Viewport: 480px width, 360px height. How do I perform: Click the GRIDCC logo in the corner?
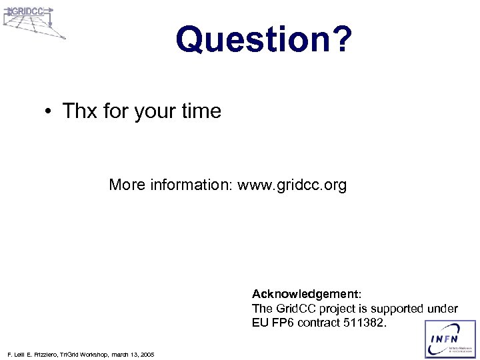[x=33, y=20]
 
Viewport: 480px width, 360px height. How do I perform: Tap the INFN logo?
[x=451, y=339]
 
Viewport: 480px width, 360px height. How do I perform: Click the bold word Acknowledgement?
[x=306, y=294]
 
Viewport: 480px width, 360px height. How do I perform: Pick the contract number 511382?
[x=364, y=323]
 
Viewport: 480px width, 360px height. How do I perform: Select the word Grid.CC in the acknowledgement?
[x=296, y=309]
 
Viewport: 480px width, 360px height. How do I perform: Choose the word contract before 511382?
[x=319, y=323]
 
